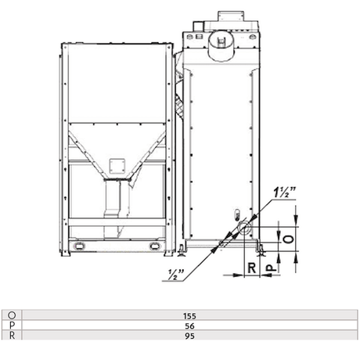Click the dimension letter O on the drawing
pos(288,239)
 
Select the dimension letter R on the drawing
pos(252,268)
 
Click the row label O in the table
pos(11,316)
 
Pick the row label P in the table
pos(11,326)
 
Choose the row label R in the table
pos(11,336)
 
